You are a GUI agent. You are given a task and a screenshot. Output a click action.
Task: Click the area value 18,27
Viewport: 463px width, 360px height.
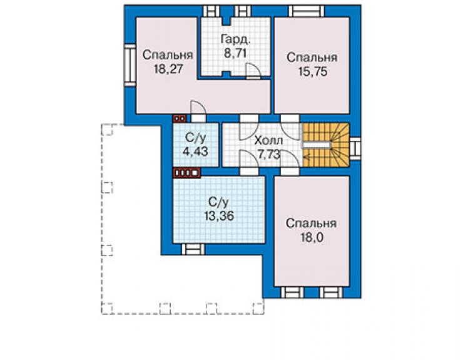pyautogui.click(x=168, y=69)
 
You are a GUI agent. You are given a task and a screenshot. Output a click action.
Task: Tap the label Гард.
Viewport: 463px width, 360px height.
pyautogui.click(x=236, y=40)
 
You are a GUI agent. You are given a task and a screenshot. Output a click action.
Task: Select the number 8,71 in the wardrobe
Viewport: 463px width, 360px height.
pyautogui.click(x=235, y=54)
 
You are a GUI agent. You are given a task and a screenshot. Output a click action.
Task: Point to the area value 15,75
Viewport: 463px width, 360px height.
pyautogui.click(x=313, y=71)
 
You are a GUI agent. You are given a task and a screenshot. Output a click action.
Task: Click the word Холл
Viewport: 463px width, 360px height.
pyautogui.click(x=268, y=140)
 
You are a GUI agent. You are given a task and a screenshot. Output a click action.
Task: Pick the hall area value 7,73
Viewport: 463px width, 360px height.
pyautogui.click(x=268, y=155)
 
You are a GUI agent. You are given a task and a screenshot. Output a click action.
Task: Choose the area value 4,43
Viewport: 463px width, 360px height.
pyautogui.click(x=195, y=152)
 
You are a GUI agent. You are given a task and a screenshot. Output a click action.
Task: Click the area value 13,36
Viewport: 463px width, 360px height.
pyautogui.click(x=219, y=216)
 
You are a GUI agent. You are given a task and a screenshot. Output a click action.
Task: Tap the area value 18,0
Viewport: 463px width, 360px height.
pyautogui.click(x=310, y=237)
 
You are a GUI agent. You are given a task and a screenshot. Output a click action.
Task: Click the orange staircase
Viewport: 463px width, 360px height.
pyautogui.click(x=325, y=145)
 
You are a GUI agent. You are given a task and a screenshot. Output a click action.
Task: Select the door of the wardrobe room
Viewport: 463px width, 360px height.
pyautogui.click(x=253, y=71)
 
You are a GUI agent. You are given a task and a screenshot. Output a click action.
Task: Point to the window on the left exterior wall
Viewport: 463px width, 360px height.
pyautogui.click(x=130, y=65)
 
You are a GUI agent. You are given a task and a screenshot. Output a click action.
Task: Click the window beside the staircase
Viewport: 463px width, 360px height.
pyautogui.click(x=355, y=148)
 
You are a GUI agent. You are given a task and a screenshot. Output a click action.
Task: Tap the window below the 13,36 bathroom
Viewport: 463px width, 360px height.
pyautogui.click(x=193, y=249)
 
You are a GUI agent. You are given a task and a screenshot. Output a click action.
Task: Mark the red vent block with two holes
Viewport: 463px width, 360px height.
pyautogui.click(x=180, y=118)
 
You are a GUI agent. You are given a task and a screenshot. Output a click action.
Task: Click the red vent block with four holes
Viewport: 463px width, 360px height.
pyautogui.click(x=186, y=173)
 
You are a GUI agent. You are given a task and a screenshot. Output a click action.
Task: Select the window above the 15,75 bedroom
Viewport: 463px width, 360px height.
pyautogui.click(x=307, y=11)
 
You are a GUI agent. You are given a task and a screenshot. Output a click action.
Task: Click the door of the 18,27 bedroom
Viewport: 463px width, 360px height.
pyautogui.click(x=198, y=111)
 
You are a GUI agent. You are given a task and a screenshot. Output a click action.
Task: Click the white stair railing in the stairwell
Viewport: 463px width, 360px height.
pyautogui.click(x=316, y=145)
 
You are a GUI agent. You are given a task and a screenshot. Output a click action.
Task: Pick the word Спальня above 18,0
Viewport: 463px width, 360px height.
pyautogui.click(x=311, y=224)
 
